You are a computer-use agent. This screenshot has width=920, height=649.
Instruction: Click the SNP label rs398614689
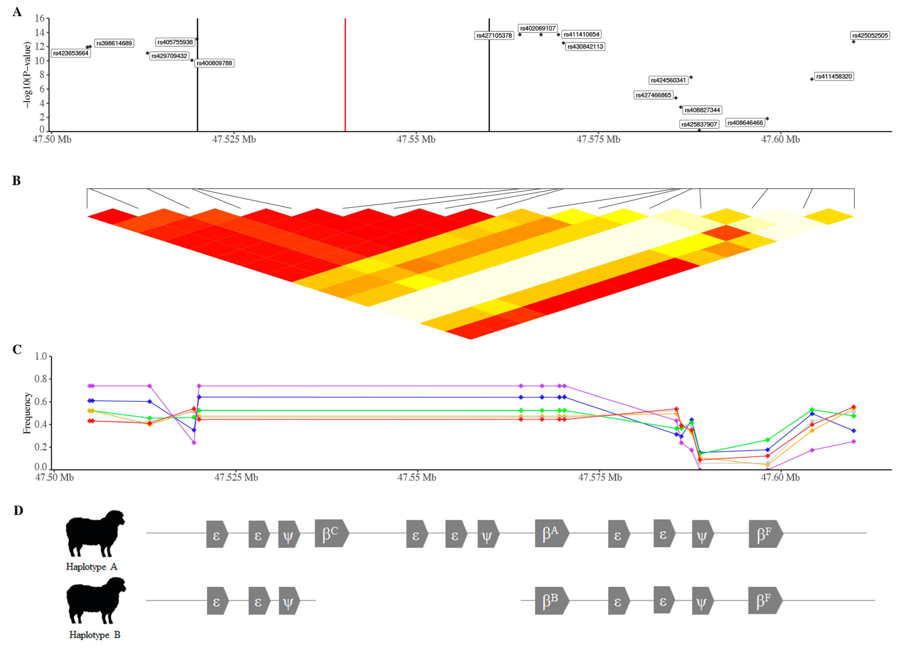coord(114,43)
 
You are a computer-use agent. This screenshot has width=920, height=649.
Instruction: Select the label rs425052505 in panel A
coord(870,36)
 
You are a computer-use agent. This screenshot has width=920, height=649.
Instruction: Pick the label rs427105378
coord(494,36)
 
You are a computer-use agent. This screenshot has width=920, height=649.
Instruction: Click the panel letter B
coord(16,181)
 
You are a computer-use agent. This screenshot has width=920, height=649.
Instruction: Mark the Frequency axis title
coord(27,413)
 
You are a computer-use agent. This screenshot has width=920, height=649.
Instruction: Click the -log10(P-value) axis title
coord(27,75)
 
